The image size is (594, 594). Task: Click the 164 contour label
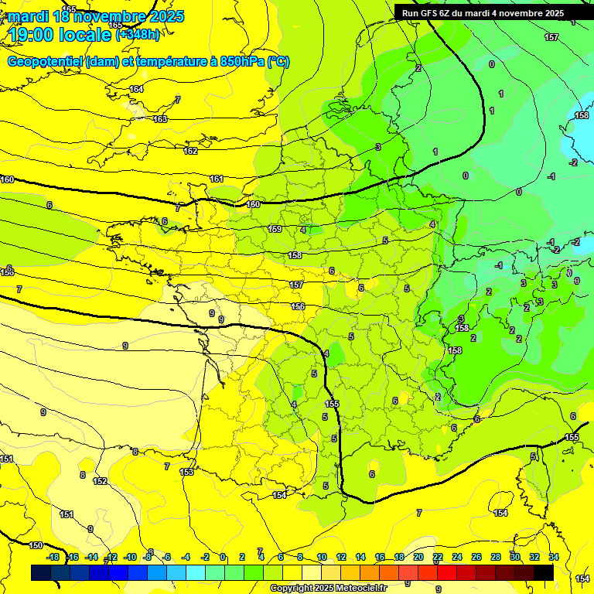pos(136,90)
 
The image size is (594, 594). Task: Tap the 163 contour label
pos(160,119)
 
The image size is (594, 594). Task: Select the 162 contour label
pos(190,151)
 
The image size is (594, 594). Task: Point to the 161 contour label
pos(217,179)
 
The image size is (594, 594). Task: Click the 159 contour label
pos(275,229)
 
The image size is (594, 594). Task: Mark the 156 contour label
pos(298,306)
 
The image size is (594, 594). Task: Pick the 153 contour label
pos(186,472)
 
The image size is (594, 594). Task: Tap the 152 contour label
pos(100,481)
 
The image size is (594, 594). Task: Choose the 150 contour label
pos(36,545)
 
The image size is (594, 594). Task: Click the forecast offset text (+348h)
pos(138,35)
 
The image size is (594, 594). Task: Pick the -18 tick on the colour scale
pos(53,557)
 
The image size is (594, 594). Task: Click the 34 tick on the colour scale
pos(554,557)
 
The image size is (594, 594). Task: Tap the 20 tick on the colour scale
pos(418,557)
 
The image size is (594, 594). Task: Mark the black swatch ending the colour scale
pos(544,572)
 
